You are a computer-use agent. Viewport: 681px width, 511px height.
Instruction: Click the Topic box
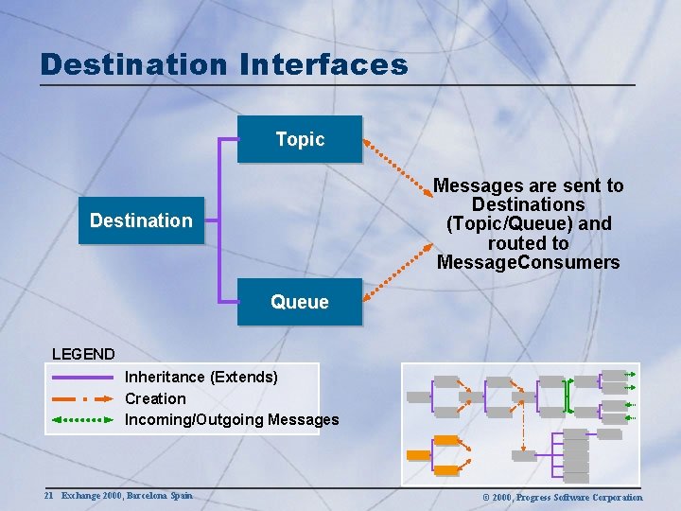(x=299, y=139)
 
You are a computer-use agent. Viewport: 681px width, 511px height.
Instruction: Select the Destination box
(x=141, y=220)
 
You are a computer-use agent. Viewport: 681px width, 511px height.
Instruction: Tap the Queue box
(x=299, y=302)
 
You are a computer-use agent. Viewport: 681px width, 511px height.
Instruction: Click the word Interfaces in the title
(x=323, y=64)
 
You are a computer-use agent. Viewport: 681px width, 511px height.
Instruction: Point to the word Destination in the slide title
(x=133, y=64)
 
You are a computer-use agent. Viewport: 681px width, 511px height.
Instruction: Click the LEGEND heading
(x=83, y=354)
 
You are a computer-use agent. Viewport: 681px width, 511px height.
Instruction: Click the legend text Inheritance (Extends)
(x=201, y=378)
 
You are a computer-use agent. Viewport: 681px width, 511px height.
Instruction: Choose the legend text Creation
(x=155, y=398)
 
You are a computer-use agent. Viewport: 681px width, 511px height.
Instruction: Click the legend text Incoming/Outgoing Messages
(x=232, y=419)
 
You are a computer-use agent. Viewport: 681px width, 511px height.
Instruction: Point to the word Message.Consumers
(x=528, y=262)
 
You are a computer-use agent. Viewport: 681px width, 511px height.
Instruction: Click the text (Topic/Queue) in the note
(x=528, y=223)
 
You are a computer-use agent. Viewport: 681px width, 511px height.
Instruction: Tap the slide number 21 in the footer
(x=48, y=496)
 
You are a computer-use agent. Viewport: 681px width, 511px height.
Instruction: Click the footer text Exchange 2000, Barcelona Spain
(x=127, y=496)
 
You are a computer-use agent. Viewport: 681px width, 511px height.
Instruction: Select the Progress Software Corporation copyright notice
(x=562, y=497)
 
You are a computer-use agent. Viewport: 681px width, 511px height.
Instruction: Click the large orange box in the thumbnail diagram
(x=418, y=455)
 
